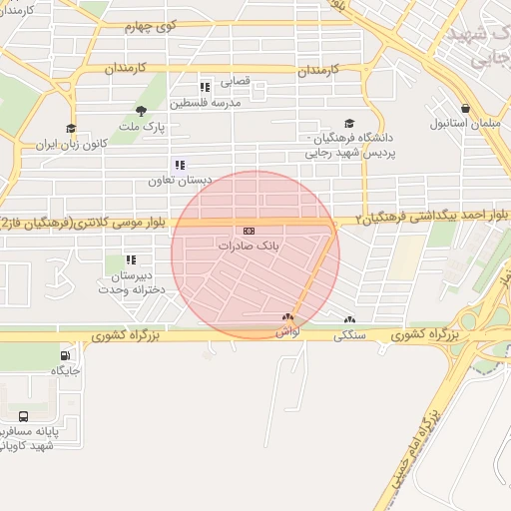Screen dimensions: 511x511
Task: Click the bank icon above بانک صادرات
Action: click(249, 231)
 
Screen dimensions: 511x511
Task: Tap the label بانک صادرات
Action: click(244, 245)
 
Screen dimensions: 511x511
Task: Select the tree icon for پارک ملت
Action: click(140, 111)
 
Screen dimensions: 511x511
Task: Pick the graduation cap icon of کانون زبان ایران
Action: click(71, 128)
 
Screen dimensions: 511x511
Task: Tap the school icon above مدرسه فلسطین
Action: click(206, 88)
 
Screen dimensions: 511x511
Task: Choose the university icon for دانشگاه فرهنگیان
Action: click(348, 123)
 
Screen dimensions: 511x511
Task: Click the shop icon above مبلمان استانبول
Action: click(465, 109)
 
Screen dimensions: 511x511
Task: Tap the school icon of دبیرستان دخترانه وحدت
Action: click(131, 259)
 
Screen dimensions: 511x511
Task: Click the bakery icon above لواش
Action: click(287, 316)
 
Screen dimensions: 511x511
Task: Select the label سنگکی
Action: click(352, 336)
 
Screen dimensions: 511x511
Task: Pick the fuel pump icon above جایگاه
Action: click(66, 354)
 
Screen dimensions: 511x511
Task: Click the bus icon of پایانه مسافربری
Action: click(24, 415)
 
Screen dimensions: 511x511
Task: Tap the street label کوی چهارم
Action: click(151, 28)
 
